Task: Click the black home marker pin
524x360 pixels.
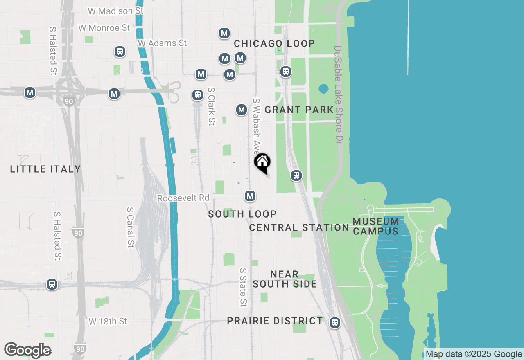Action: pyautogui.click(x=262, y=162)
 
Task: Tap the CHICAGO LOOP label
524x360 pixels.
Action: pyautogui.click(x=274, y=43)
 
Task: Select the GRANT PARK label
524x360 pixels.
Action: pyautogui.click(x=299, y=110)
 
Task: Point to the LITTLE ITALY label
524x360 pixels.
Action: pyautogui.click(x=45, y=169)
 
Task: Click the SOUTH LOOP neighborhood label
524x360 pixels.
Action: pyautogui.click(x=242, y=214)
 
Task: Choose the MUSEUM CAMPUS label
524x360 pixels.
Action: pyautogui.click(x=376, y=226)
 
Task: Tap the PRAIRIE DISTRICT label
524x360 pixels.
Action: pyautogui.click(x=275, y=321)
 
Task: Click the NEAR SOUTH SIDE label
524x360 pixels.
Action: pyautogui.click(x=285, y=279)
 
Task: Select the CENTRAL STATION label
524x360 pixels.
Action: pyautogui.click(x=299, y=227)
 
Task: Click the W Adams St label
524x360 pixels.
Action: pyautogui.click(x=162, y=43)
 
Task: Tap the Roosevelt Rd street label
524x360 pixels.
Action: pyautogui.click(x=183, y=198)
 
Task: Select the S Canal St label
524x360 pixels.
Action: pyautogui.click(x=131, y=227)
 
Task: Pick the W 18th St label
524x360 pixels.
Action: pyautogui.click(x=108, y=321)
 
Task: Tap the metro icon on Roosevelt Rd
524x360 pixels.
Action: pyautogui.click(x=250, y=196)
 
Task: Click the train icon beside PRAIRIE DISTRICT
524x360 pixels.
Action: pyautogui.click(x=335, y=323)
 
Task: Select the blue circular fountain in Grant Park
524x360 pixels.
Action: pyautogui.click(x=323, y=88)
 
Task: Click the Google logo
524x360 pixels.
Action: pyautogui.click(x=27, y=351)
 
